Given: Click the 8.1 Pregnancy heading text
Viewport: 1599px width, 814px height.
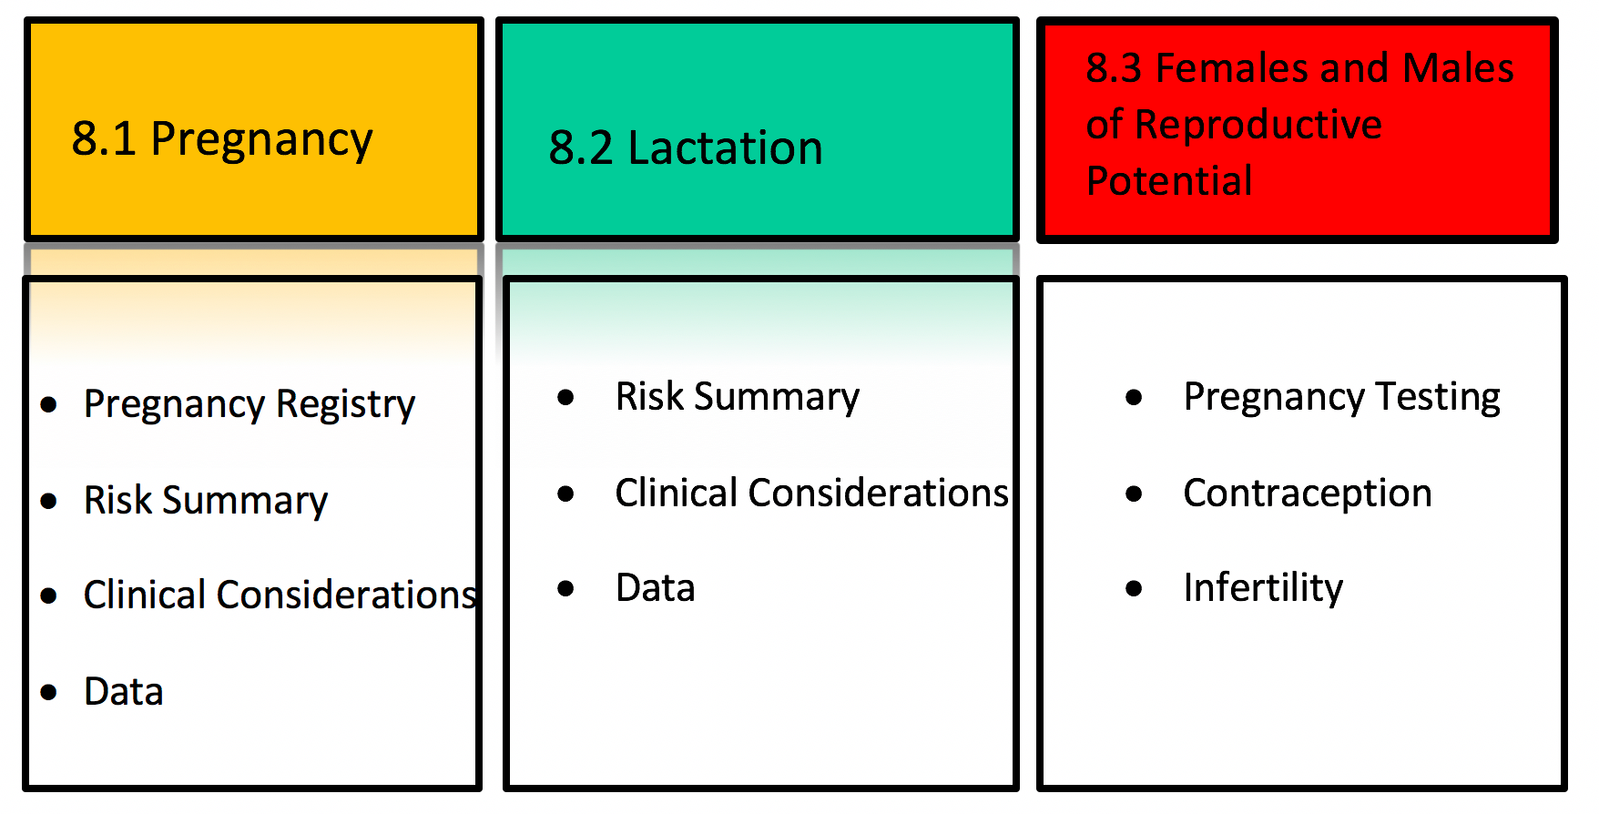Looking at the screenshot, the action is (x=222, y=140).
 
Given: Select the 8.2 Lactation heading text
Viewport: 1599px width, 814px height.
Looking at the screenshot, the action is (x=686, y=148).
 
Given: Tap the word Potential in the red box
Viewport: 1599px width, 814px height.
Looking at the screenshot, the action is (x=1169, y=180).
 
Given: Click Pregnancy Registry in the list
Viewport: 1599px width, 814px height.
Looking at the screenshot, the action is (x=250, y=404).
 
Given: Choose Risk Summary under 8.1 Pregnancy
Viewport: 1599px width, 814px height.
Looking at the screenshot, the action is (x=206, y=501).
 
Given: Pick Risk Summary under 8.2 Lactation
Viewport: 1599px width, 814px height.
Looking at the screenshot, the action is (x=738, y=397).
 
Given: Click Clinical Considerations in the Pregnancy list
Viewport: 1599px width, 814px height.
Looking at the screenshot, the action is (x=280, y=595).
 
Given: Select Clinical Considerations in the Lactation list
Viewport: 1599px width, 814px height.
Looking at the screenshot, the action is (x=812, y=493).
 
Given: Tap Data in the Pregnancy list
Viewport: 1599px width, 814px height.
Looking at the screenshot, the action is (x=124, y=692).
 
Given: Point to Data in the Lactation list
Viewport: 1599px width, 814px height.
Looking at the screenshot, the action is (x=656, y=588).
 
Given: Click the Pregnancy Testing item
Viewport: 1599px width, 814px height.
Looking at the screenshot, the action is (x=1342, y=397).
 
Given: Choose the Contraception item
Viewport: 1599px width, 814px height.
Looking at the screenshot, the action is (x=1308, y=493).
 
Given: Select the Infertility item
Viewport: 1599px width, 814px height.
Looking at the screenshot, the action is (x=1263, y=587).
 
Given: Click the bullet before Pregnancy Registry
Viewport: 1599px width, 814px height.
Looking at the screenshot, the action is (x=49, y=404).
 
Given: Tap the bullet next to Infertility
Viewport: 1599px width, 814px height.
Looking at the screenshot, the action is (x=1134, y=588).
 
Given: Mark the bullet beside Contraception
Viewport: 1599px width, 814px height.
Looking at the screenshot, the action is (x=1134, y=493).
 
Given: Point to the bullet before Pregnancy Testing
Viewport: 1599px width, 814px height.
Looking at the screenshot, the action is (x=1134, y=397).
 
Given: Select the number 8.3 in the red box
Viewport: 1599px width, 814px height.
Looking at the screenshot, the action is (x=1114, y=68).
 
